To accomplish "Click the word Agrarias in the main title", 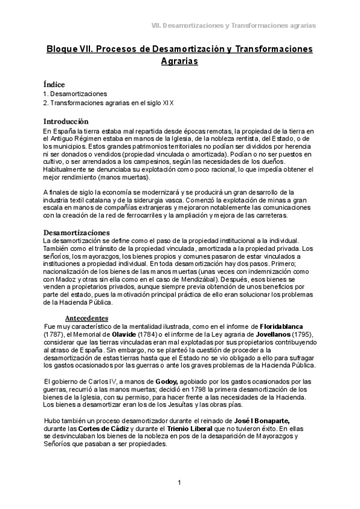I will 179,61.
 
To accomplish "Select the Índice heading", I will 54,85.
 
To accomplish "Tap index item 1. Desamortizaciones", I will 75,94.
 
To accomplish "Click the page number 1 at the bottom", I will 179,483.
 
